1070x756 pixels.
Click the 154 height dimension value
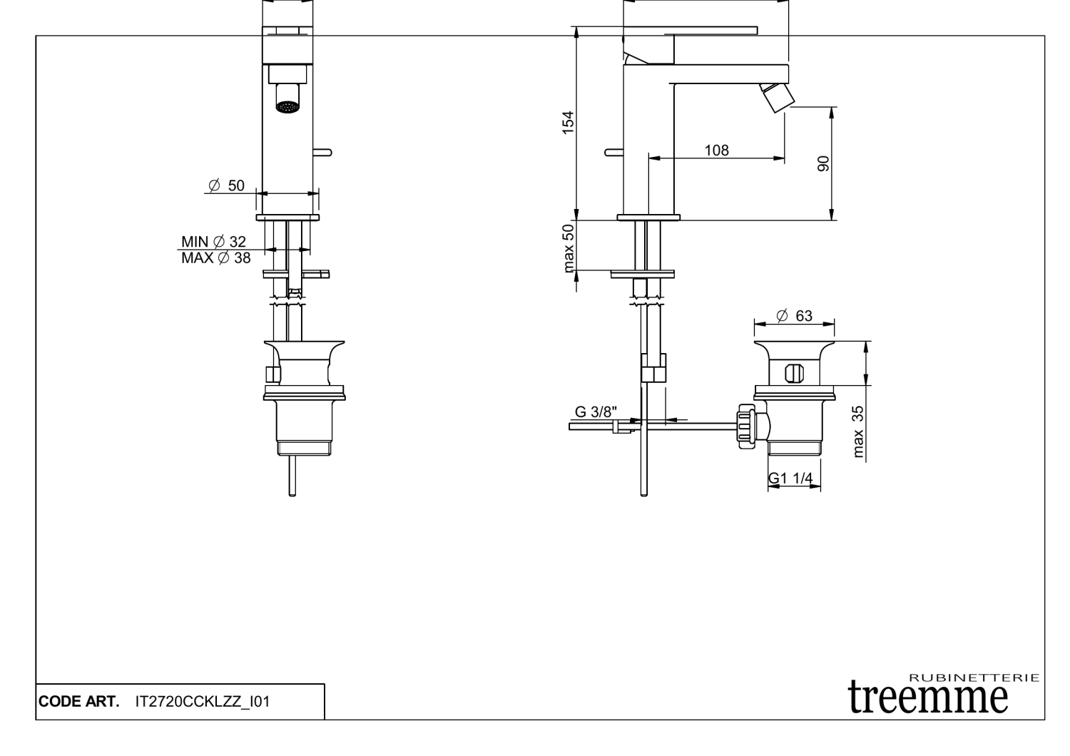[x=568, y=122]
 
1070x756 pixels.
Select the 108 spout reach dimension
[x=716, y=150]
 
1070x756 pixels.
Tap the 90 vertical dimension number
[x=824, y=163]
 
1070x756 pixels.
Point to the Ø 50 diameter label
[x=226, y=185]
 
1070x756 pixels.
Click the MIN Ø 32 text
[x=213, y=242]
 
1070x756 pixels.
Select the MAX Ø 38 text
[x=215, y=258]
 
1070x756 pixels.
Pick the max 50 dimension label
[x=569, y=247]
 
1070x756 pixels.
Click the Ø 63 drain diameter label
[x=794, y=316]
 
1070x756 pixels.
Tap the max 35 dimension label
[x=858, y=431]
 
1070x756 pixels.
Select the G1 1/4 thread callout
[x=790, y=478]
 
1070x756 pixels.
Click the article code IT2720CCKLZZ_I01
[x=203, y=702]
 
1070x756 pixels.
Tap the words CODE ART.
[x=78, y=702]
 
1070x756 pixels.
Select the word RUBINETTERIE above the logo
[x=974, y=678]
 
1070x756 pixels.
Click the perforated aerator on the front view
[x=287, y=107]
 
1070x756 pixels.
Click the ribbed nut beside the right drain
[x=746, y=426]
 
